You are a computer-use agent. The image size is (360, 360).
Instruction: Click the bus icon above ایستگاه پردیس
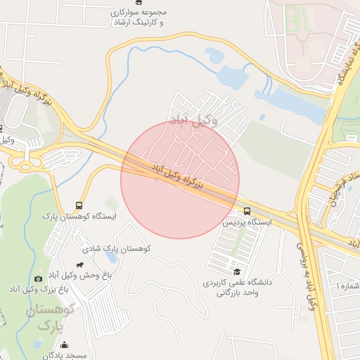point(247,211)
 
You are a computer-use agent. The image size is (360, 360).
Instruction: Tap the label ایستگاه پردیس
point(247,221)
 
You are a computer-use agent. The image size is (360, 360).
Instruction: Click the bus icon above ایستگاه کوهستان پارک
point(79,206)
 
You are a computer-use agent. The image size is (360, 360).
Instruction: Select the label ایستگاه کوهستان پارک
point(78,217)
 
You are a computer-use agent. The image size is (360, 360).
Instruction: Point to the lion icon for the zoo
point(80,265)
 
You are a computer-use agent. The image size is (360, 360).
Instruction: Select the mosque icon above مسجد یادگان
point(65,345)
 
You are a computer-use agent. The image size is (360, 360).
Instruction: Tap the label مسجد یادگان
point(65,356)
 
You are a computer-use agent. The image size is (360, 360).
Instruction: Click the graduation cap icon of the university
point(237,271)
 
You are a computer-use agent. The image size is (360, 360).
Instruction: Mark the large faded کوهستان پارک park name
point(50,318)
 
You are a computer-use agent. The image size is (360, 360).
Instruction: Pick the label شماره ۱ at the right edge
point(347,287)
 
